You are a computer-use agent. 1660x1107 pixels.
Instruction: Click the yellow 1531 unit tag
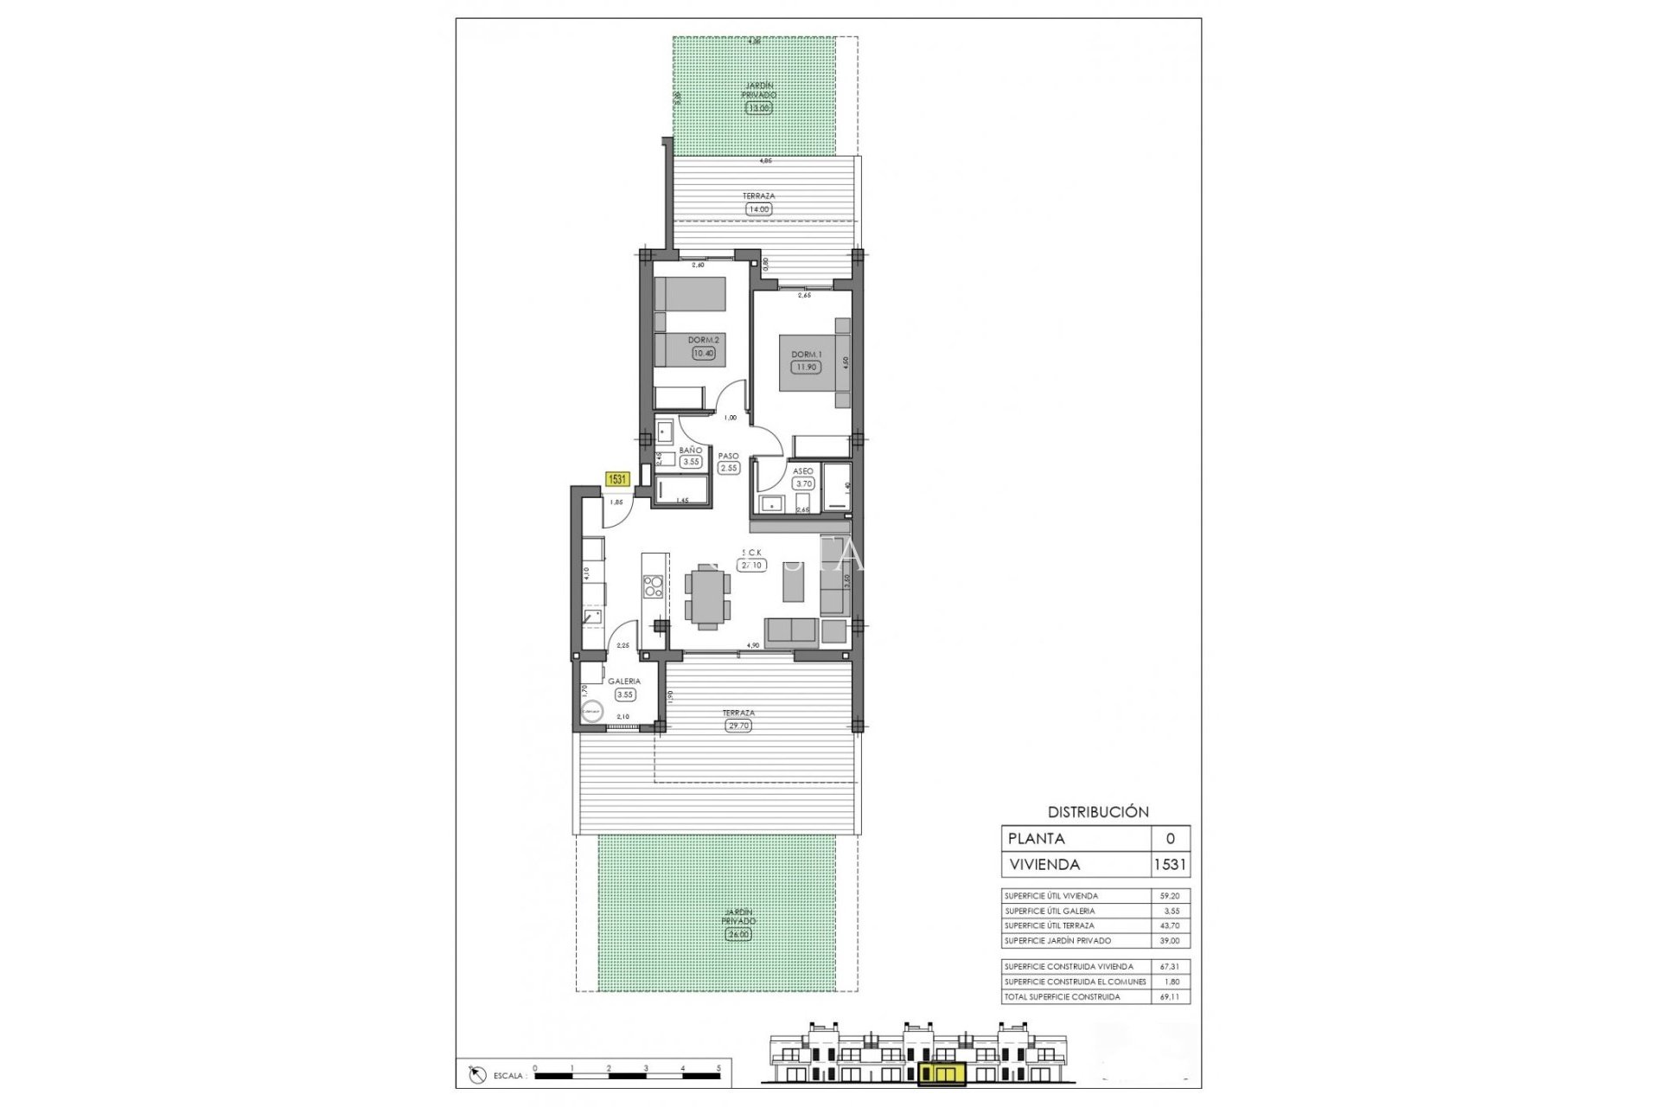617,478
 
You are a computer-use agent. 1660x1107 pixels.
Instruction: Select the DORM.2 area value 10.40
703,353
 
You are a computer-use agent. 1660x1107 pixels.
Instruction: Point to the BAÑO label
690,451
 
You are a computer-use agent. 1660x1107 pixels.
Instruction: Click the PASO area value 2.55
729,468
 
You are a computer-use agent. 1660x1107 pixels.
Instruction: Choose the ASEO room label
802,471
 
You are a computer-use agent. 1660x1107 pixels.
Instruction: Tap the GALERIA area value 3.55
624,694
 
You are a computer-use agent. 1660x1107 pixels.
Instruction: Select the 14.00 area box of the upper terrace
758,208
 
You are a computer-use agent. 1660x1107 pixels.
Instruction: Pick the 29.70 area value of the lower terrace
738,726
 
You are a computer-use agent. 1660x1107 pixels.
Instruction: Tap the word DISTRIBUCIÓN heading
1098,812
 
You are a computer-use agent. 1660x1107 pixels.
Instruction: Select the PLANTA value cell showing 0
1171,838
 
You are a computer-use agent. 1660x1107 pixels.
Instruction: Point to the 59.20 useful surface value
1170,896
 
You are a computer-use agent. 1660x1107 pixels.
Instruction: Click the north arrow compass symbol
475,1075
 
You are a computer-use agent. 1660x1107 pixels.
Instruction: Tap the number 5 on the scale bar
718,1069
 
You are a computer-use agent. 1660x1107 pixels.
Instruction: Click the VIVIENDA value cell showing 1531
1171,864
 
